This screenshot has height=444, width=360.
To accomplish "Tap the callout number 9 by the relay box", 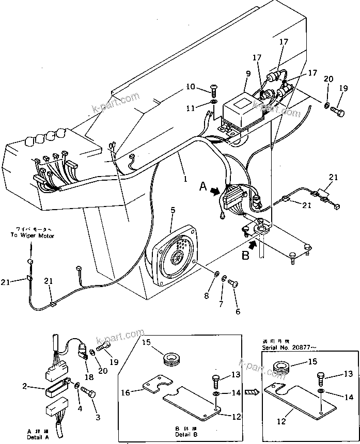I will pyautogui.click(x=248, y=73).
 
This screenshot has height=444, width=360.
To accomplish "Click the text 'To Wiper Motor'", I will pyautogui.click(x=32, y=235).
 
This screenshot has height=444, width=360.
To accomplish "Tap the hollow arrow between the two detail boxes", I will pyautogui.click(x=250, y=392).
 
